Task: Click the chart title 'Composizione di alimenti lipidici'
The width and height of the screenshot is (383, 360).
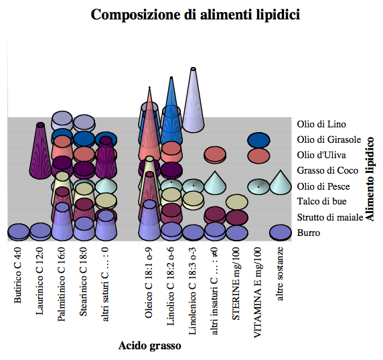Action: (196, 15)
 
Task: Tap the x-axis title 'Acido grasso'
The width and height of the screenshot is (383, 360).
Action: (150, 346)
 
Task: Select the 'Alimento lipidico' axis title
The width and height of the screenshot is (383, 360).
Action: (370, 179)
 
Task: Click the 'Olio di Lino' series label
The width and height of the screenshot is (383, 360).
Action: (321, 124)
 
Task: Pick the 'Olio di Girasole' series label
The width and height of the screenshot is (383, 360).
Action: (329, 139)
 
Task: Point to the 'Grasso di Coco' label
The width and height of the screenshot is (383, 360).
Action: (327, 170)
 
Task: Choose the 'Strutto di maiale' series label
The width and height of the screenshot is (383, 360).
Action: (330, 217)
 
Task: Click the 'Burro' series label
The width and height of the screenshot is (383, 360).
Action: (309, 233)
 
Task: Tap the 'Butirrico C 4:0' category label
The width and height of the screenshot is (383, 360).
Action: (18, 275)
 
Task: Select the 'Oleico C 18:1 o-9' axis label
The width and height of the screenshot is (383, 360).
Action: (149, 282)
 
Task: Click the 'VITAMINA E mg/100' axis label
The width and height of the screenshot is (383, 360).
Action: (257, 292)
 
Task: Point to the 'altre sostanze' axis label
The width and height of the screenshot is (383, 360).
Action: (279, 274)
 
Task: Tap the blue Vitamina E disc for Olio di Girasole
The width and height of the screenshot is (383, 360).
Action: (258, 140)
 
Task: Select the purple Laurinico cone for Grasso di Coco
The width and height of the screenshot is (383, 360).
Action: (40, 152)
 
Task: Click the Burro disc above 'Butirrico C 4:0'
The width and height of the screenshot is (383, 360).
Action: (19, 231)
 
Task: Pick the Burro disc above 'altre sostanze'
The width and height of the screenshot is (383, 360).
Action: (281, 233)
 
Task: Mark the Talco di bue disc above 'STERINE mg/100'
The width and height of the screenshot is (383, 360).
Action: (237, 202)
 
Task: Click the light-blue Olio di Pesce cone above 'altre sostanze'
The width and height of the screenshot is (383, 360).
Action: (281, 184)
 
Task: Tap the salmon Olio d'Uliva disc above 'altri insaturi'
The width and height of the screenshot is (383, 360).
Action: (215, 155)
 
